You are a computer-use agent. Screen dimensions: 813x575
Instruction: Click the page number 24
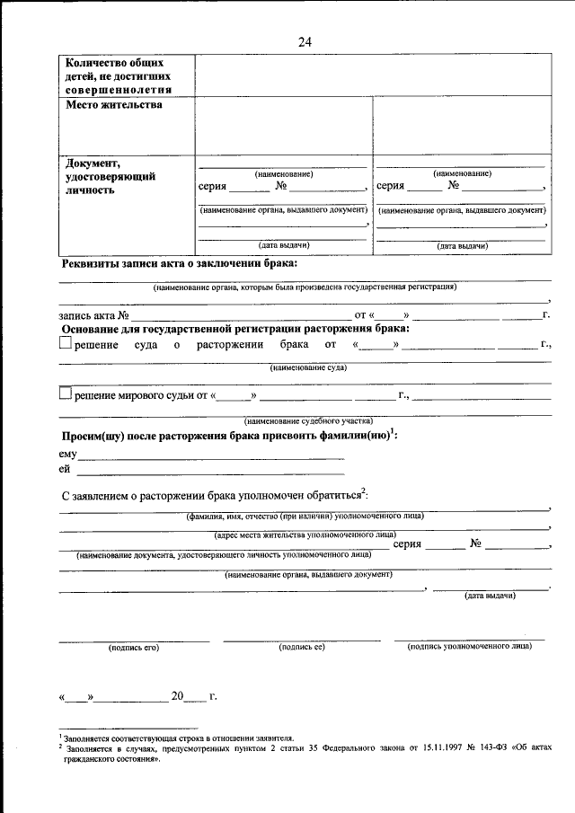pyautogui.click(x=305, y=41)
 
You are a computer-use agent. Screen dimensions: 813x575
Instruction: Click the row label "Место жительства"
pyautogui.click(x=114, y=106)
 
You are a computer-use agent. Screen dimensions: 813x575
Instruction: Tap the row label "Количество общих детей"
pyautogui.click(x=118, y=76)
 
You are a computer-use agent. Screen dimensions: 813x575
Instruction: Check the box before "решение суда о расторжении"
pyautogui.click(x=65, y=343)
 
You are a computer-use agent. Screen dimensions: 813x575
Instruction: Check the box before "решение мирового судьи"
pyautogui.click(x=65, y=393)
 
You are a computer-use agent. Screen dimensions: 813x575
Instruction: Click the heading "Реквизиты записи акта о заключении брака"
pyautogui.click(x=179, y=264)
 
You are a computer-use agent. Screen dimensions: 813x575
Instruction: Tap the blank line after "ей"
pyautogui.click(x=211, y=470)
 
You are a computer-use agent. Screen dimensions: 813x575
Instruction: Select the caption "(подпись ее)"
pyautogui.click(x=301, y=646)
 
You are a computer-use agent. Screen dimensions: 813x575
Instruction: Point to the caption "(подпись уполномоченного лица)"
pyautogui.click(x=470, y=646)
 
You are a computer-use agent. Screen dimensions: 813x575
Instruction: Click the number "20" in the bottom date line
pyautogui.click(x=178, y=696)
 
